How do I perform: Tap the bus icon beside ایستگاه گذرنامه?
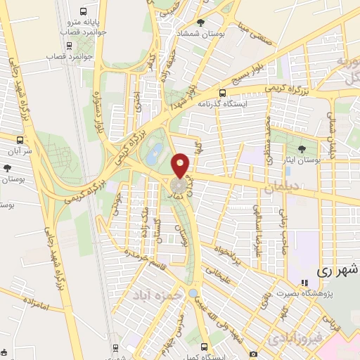(x=222, y=92)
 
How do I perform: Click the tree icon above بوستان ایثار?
(x=302, y=148)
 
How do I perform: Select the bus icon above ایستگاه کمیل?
(x=204, y=347)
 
